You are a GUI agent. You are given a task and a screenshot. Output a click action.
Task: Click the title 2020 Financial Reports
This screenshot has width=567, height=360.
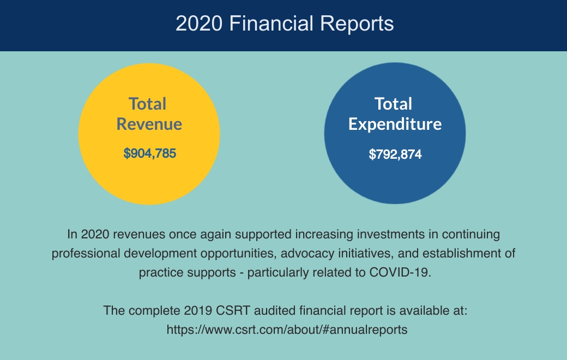285,23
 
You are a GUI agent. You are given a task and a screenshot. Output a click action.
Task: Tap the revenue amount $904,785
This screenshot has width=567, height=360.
150,153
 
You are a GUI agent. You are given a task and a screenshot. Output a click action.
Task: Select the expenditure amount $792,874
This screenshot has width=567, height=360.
395,154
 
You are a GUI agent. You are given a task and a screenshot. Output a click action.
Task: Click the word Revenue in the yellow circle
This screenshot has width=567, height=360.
149,124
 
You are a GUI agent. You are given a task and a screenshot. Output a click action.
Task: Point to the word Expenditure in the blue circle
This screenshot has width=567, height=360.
395,124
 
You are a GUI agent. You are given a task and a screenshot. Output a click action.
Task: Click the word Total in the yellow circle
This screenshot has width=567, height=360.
148,104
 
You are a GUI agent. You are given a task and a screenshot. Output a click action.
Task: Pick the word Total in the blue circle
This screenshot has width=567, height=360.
393,104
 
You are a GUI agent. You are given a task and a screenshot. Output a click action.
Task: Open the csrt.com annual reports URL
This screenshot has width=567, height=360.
287,329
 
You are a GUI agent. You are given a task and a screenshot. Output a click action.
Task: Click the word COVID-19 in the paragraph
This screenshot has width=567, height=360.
400,272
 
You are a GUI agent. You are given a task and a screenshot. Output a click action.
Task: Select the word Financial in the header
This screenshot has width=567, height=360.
271,23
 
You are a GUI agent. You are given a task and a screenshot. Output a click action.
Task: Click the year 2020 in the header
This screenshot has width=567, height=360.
199,23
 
